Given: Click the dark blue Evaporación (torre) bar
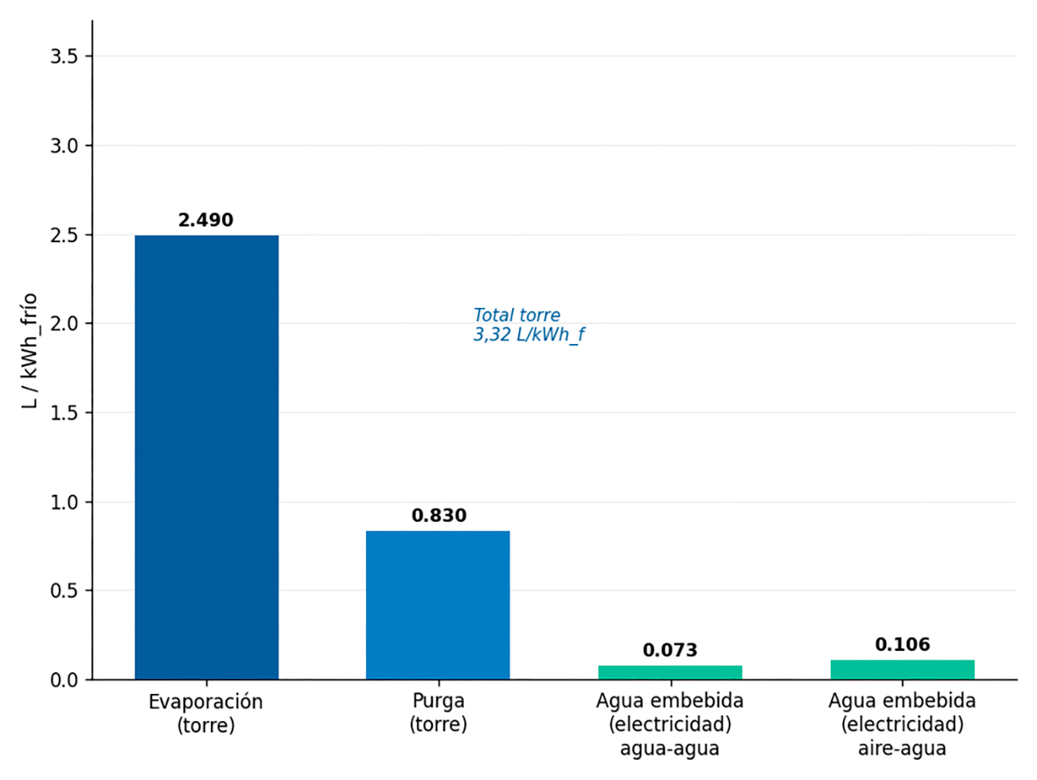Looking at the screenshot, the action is coord(206,457).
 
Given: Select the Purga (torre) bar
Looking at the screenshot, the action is coord(438,605).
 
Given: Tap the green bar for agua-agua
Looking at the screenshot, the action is coord(670,672).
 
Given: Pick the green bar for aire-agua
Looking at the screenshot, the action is coord(902,669).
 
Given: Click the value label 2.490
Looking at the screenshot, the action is coord(205,220).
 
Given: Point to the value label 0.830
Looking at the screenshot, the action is coord(438,516).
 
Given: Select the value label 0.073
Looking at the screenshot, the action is coord(670,650).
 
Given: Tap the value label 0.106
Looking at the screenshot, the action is coord(902,645).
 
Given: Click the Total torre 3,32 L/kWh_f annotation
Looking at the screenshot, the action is coord(529,325).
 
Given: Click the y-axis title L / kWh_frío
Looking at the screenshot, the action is coord(30,351).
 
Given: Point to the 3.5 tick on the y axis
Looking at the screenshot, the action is coord(64,57).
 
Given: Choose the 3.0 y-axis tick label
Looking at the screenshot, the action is coord(64,146).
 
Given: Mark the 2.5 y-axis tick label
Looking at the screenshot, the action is coord(64,235).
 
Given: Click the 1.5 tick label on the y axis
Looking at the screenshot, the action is coord(64,413).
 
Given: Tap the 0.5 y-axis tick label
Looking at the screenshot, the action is coord(64,591).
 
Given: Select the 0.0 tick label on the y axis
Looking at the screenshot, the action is coord(64,680).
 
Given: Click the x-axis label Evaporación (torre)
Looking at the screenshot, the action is coord(205,713).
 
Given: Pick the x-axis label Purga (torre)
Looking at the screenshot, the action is coord(438,712).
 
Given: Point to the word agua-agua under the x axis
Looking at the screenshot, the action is coord(670,749).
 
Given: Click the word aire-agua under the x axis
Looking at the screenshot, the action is coord(902,749).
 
